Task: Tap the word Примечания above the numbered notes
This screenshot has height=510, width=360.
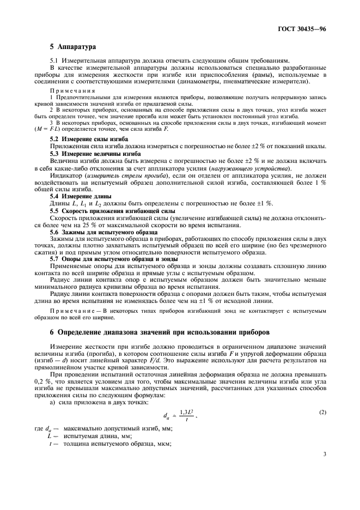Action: click(x=72, y=90)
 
